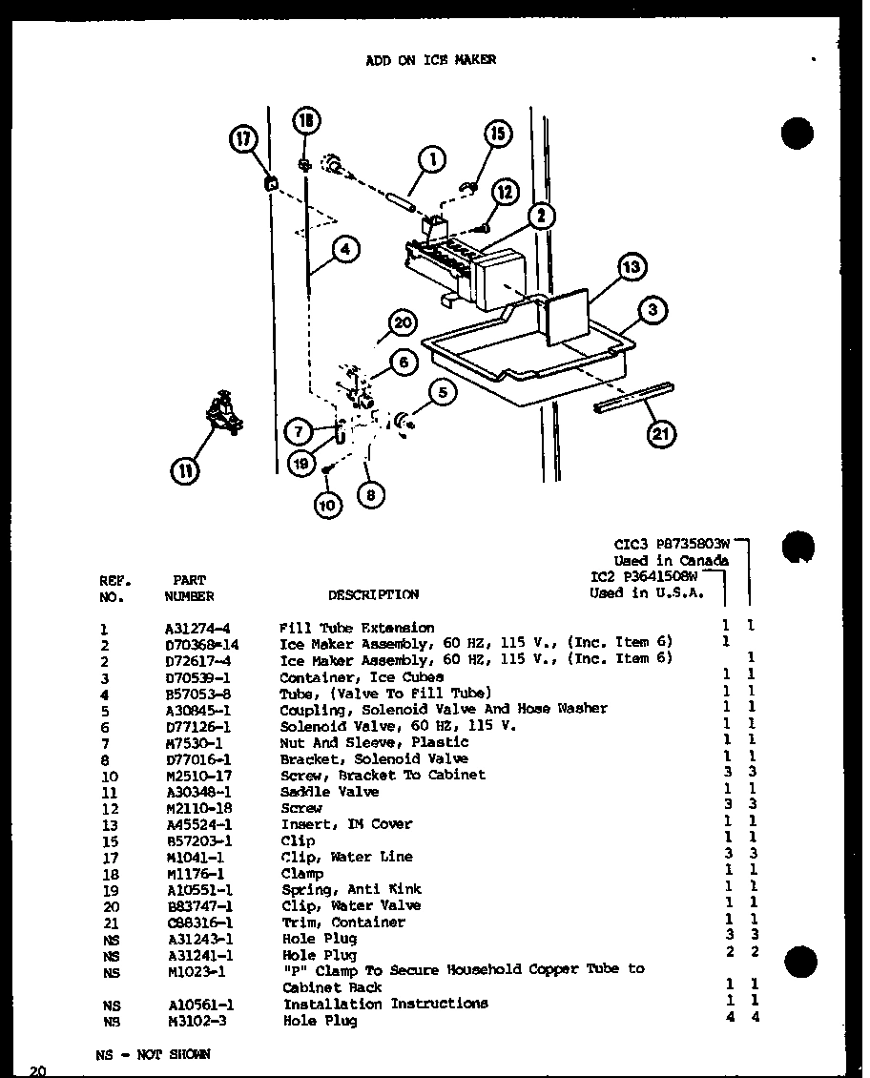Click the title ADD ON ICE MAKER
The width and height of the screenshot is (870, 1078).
[x=431, y=59]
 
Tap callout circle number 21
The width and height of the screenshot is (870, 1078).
[x=660, y=434]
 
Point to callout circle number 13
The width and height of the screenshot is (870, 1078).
[x=632, y=267]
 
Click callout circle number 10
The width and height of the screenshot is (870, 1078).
[x=328, y=505]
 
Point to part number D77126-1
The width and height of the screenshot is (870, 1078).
[x=197, y=726]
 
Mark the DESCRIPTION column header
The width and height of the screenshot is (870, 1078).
[x=373, y=594]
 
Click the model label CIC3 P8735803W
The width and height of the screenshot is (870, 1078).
[x=672, y=545]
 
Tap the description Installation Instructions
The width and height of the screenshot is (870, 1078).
[x=384, y=1004]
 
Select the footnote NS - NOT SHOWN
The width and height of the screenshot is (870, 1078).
[x=153, y=1054]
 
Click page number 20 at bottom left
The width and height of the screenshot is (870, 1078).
[x=37, y=1069]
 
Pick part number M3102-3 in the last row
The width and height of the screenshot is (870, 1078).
[x=193, y=1021]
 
